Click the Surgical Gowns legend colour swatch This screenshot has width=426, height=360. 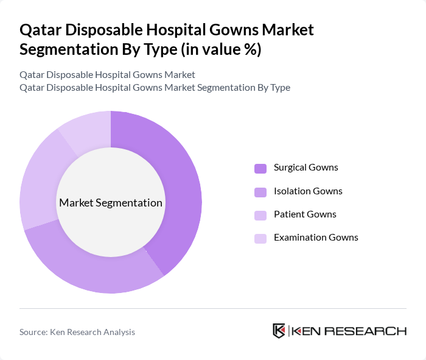[260, 168]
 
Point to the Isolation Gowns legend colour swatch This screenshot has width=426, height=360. [260, 192]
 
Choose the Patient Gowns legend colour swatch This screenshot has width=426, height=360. [260, 215]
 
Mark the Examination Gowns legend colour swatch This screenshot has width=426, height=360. [260, 238]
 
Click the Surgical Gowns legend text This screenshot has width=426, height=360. [306, 168]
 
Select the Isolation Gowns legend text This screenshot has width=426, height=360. [308, 191]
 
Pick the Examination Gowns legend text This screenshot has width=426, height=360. [316, 238]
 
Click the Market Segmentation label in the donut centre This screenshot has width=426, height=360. [111, 203]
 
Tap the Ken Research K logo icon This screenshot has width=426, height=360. [279, 331]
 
